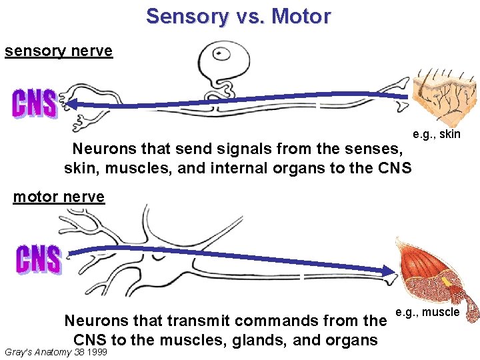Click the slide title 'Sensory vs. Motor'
[238, 16]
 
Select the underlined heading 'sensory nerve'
[59, 51]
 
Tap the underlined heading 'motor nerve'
[59, 197]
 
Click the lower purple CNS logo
[38, 259]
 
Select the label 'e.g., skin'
[437, 135]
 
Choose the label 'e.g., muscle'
[427, 312]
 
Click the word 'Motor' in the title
[297, 16]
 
